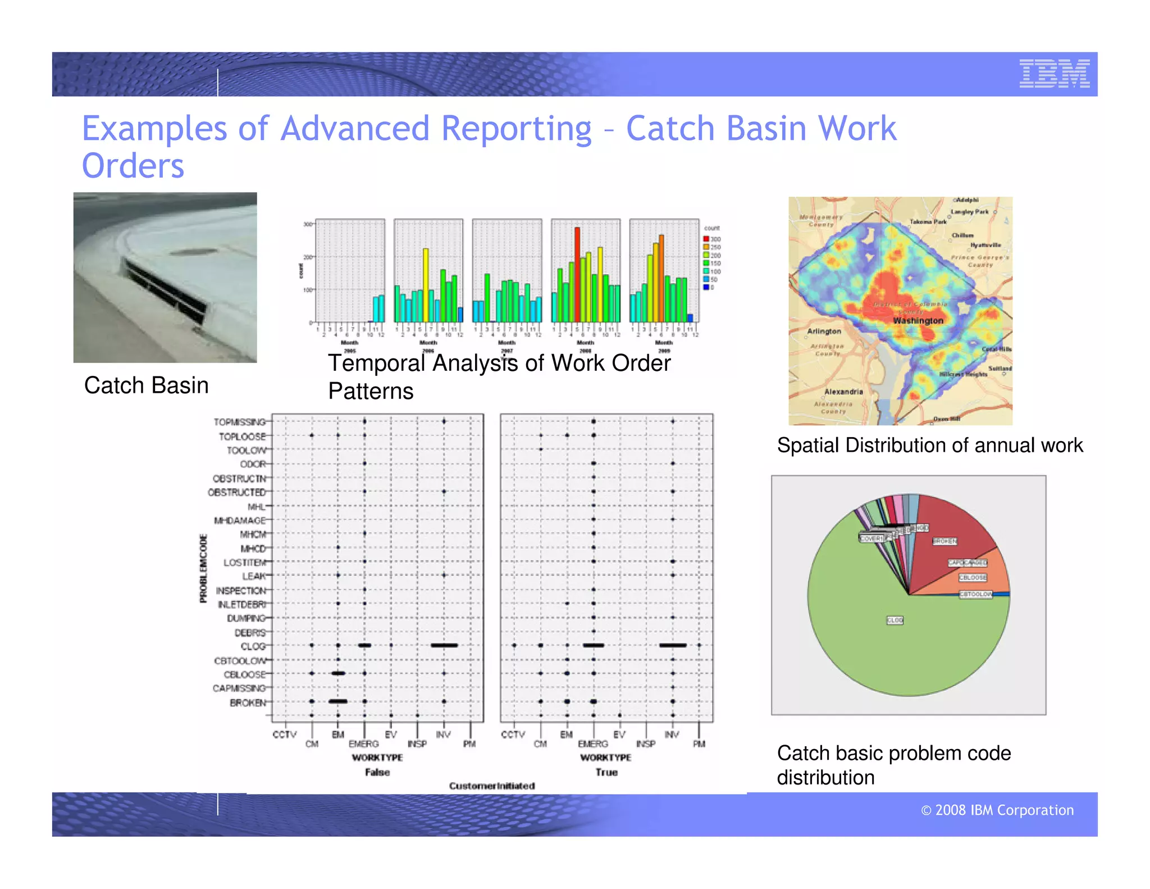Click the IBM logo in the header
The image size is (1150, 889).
point(1054,74)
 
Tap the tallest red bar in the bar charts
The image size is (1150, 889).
point(577,274)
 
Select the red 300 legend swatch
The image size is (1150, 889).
point(706,239)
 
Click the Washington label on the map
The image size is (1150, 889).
point(918,320)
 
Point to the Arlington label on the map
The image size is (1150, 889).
point(824,331)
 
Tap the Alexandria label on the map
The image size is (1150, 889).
point(843,391)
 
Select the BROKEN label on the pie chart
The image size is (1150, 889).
point(944,541)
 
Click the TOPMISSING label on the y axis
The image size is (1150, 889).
point(240,422)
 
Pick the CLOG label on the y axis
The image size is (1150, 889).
point(253,646)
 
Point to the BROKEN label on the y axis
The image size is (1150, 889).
point(247,702)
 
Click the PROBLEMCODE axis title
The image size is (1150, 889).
point(203,568)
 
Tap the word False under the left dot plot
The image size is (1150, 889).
point(377,772)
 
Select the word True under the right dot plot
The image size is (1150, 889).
point(606,772)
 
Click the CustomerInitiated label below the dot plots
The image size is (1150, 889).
point(491,786)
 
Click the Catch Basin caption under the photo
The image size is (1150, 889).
point(146,385)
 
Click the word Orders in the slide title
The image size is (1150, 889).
point(133,166)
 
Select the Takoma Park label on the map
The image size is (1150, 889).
point(928,222)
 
